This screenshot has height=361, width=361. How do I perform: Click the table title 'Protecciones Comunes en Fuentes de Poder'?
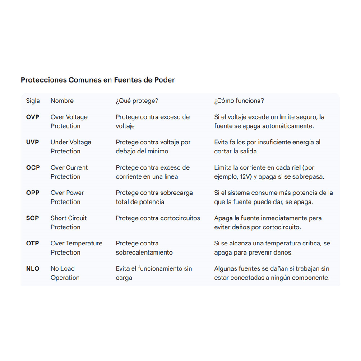pos(97,80)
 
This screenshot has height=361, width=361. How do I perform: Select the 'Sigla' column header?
pos(33,101)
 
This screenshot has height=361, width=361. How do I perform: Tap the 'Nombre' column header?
pos(62,101)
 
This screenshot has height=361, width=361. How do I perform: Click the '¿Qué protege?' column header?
pos(137,101)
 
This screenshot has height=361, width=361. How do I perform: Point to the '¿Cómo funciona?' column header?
pos(239,101)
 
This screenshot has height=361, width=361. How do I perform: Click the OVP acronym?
pos(32,117)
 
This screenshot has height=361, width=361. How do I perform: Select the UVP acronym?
pos(32,142)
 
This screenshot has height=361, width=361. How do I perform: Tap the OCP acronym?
pos(33,167)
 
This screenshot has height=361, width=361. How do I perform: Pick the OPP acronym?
pos(33,193)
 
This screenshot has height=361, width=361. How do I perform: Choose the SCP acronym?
pos(32,218)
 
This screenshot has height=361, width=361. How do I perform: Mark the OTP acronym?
pos(32,243)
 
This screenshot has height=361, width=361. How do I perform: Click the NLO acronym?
pos(32,268)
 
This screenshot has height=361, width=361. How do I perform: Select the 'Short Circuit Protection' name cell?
pos(69,222)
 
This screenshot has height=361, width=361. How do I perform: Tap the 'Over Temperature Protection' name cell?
pos(76,248)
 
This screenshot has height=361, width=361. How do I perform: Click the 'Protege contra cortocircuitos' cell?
pos(157,218)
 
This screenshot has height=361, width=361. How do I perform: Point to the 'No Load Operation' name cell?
pos(65,273)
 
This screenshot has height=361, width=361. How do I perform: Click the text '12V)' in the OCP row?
pos(250,176)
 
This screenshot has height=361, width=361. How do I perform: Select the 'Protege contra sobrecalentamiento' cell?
pos(144,248)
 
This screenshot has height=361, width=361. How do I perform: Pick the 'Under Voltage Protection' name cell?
pos(71,147)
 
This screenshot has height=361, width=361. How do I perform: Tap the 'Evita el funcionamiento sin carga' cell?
pos(153,273)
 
